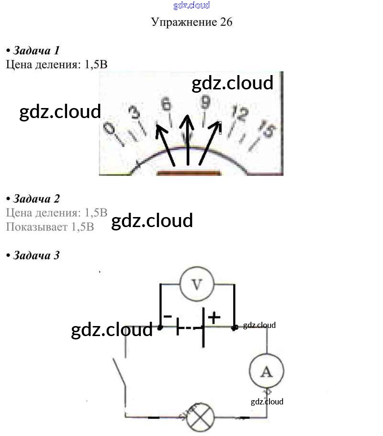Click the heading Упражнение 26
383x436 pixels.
191,22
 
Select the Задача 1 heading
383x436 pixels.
36,50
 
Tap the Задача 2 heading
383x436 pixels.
36,199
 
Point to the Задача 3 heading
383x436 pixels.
36,255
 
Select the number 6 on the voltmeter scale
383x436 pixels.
166,104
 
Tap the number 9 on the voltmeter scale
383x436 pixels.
205,103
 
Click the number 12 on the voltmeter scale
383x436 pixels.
239,113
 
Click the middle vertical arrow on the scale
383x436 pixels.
187,139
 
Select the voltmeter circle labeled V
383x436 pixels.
197,284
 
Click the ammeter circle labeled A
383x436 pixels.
266,371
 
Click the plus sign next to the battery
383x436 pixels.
214,316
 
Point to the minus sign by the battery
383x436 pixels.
168,316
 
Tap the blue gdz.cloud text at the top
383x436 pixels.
191,6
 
